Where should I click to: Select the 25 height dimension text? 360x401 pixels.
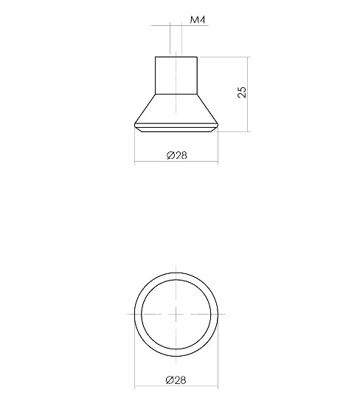pyautogui.click(x=241, y=92)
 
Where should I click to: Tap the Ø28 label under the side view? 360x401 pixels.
pyautogui.click(x=176, y=155)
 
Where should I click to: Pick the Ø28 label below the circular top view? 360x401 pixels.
pyautogui.click(x=176, y=380)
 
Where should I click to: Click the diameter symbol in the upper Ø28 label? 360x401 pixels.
pyautogui.click(x=170, y=155)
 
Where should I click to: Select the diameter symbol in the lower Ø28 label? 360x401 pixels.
pyautogui.click(x=170, y=380)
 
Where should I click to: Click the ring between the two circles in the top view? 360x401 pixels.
pyautogui.click(x=138, y=313)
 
